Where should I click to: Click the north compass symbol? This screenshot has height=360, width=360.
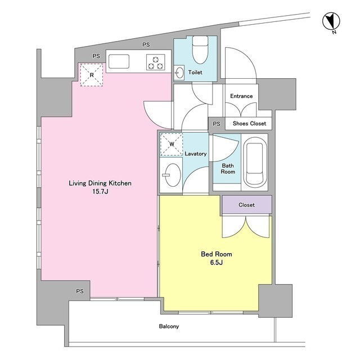pyautogui.click(x=331, y=22)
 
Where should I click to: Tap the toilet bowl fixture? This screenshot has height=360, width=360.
pyautogui.click(x=200, y=49)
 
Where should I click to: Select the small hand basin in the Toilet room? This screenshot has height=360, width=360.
pyautogui.click(x=179, y=73)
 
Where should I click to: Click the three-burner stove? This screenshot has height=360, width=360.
pyautogui.click(x=156, y=62)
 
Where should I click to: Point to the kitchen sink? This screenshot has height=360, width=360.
pyautogui.click(x=119, y=61)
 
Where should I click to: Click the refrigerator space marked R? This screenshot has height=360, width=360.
pyautogui.click(x=91, y=75)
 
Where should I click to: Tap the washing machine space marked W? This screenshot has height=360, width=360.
pyautogui.click(x=171, y=145)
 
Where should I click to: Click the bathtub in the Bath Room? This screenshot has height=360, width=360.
pyautogui.click(x=254, y=162)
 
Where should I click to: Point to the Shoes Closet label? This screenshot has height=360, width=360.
pyautogui.click(x=249, y=124)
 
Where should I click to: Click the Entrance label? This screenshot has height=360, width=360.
pyautogui.click(x=241, y=96)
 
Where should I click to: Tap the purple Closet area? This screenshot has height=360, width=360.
pyautogui.click(x=247, y=205)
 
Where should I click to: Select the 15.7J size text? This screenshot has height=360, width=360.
pyautogui.click(x=100, y=191)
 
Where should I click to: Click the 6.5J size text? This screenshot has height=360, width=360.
pyautogui.click(x=216, y=263)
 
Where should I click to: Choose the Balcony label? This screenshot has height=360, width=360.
pyautogui.click(x=169, y=326)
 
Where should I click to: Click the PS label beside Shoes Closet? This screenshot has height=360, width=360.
pyautogui.click(x=216, y=124)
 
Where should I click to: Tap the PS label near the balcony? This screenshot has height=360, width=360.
pyautogui.click(x=80, y=291)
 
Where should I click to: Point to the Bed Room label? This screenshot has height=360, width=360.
pyautogui.click(x=216, y=254)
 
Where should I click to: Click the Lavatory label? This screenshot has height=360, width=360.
pyautogui.click(x=196, y=154)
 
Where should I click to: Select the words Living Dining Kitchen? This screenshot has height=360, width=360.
pyautogui.click(x=100, y=183)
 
